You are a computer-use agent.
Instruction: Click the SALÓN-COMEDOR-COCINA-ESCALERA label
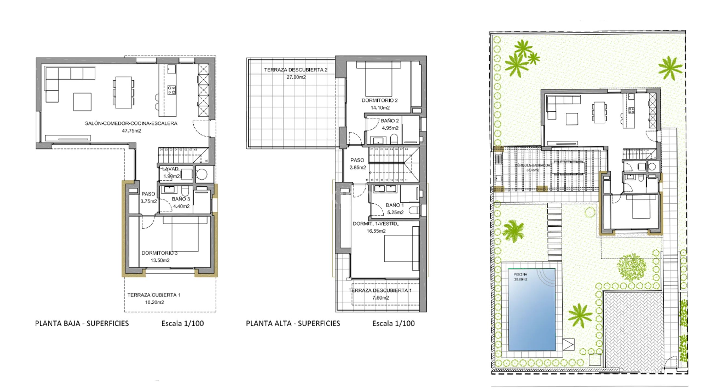(131, 123)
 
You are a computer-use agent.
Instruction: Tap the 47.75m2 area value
(131, 131)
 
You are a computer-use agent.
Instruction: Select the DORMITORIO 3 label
(160, 253)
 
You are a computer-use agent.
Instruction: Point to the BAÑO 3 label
(181, 199)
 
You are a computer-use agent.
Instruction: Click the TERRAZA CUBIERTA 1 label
(154, 295)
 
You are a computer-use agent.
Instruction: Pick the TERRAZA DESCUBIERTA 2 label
(296, 70)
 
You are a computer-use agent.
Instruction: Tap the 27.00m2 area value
(296, 77)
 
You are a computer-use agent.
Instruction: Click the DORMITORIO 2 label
(380, 100)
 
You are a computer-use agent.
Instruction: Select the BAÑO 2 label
(390, 121)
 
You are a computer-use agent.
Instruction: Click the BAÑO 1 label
(395, 205)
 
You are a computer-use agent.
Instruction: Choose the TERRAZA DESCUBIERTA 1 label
(380, 290)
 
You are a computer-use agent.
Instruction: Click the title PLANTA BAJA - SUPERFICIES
(82, 324)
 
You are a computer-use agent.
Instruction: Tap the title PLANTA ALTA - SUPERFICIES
(293, 324)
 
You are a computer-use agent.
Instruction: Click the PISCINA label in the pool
(520, 274)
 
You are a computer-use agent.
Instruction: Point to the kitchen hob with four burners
(172, 90)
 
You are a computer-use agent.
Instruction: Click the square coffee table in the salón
(82, 102)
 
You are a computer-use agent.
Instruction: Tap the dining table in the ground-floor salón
(124, 92)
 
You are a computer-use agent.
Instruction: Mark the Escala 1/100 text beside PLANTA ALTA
(394, 324)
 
